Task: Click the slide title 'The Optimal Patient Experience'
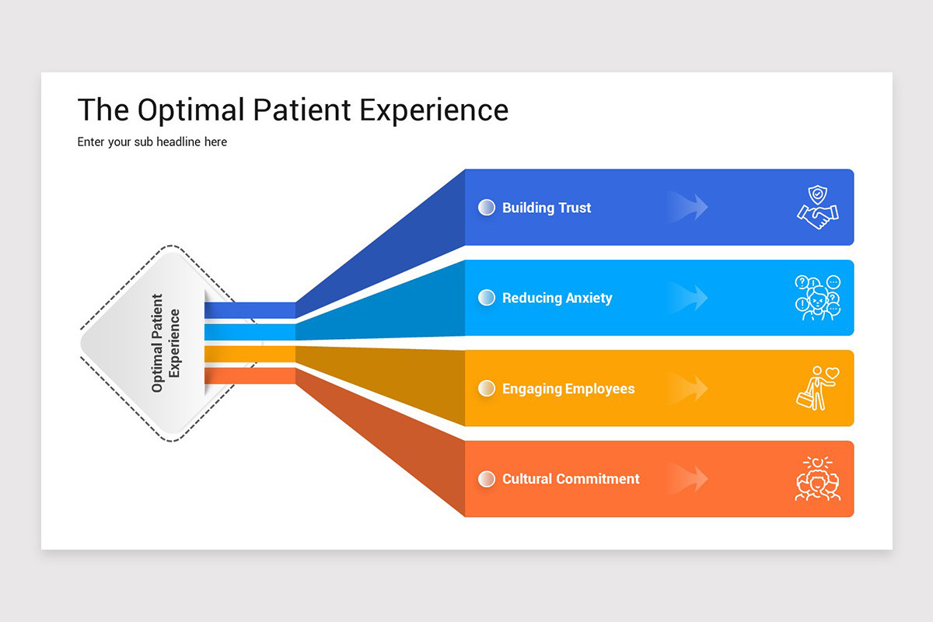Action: click(292, 110)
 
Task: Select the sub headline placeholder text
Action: click(152, 142)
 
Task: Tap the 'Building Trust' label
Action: click(546, 208)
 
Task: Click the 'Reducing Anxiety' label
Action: click(557, 298)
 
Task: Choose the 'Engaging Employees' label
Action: click(568, 389)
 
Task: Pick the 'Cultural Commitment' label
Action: click(570, 479)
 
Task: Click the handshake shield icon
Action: click(817, 208)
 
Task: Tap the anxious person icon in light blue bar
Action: click(817, 298)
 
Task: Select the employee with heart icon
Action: click(817, 388)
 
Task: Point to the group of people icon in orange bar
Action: click(817, 479)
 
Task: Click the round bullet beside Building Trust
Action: click(487, 208)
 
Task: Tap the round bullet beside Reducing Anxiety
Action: click(487, 298)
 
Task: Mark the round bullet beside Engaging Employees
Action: click(487, 389)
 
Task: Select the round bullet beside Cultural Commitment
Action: click(487, 479)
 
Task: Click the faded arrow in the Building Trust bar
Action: click(688, 208)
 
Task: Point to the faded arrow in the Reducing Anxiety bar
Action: click(688, 298)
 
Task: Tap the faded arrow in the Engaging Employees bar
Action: click(688, 389)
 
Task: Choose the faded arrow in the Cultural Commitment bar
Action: click(688, 479)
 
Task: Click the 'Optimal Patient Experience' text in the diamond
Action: click(166, 343)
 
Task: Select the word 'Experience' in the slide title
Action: click(434, 110)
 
